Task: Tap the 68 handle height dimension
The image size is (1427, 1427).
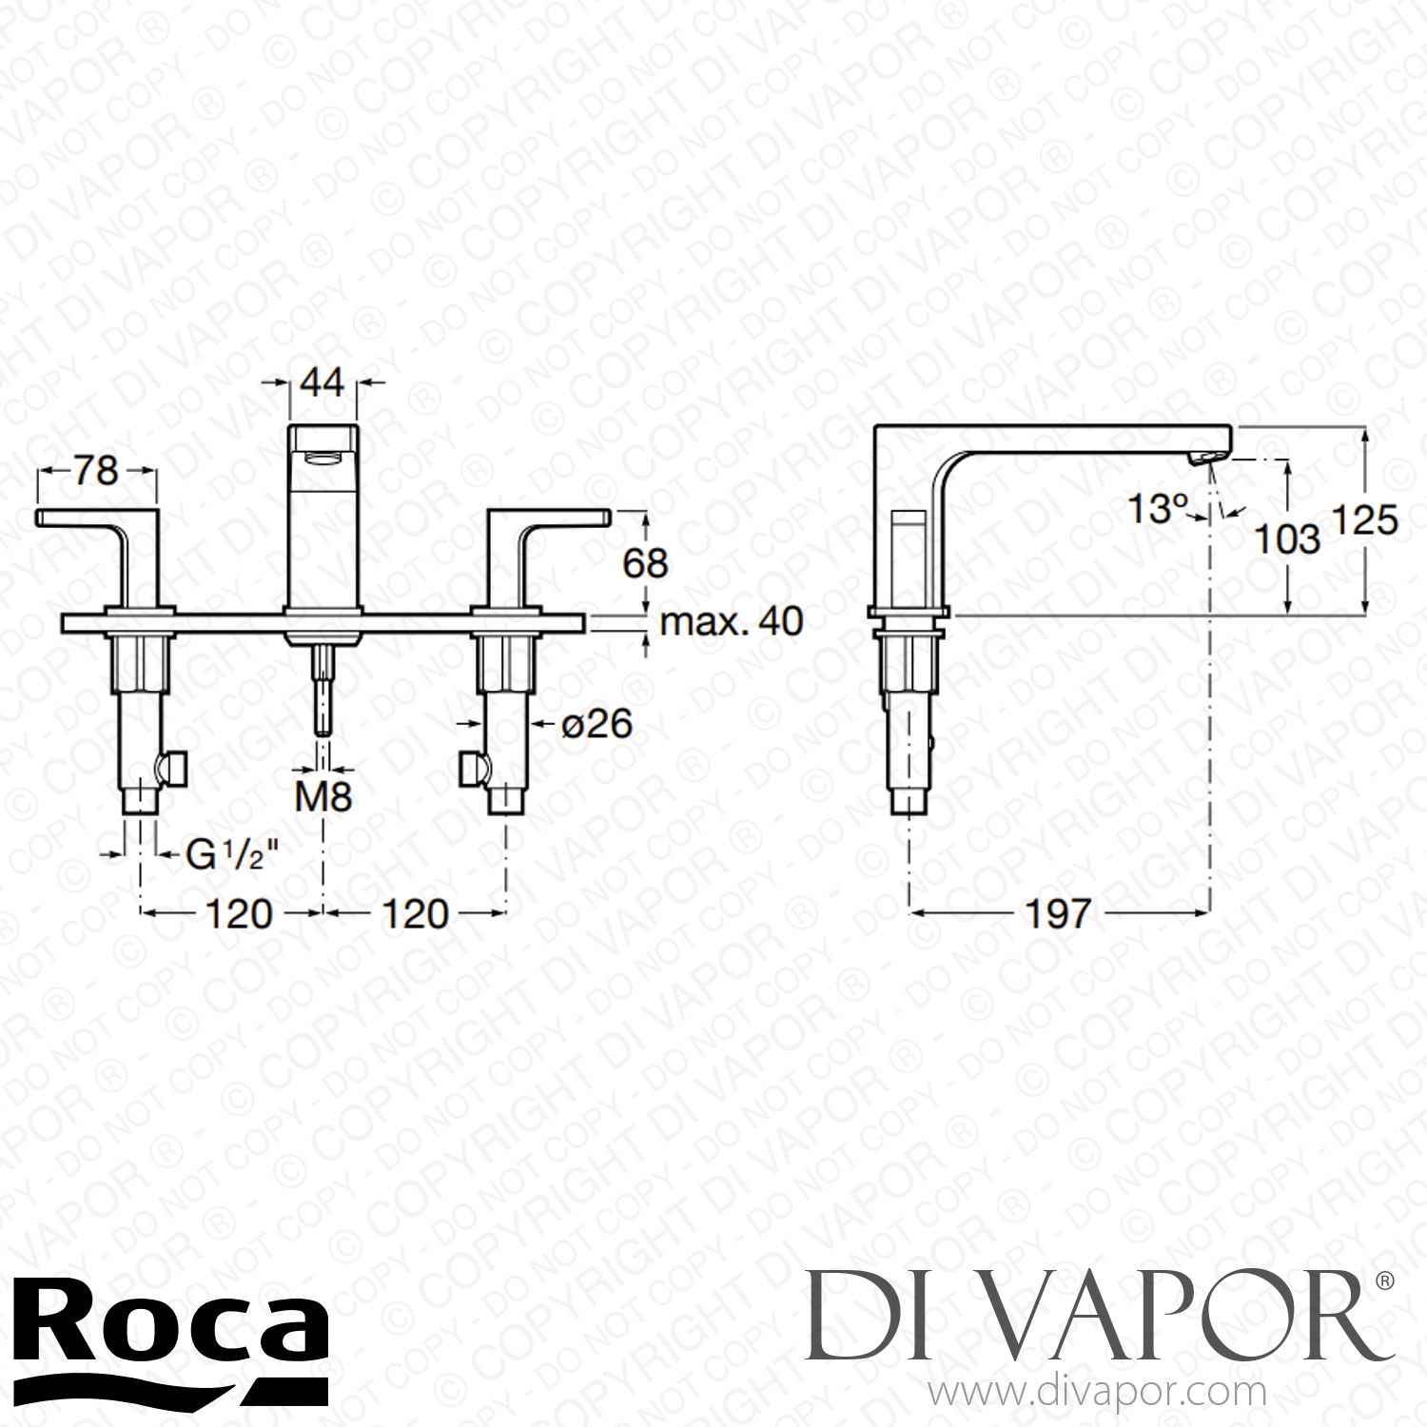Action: [646, 563]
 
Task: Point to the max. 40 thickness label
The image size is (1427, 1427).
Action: [732, 622]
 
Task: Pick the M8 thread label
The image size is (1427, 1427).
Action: [323, 797]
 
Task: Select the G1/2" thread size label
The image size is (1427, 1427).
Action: [225, 855]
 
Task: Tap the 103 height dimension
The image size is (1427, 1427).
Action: [1287, 539]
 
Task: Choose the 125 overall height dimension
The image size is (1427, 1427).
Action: [1363, 521]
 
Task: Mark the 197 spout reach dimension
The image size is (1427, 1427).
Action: [1058, 914]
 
